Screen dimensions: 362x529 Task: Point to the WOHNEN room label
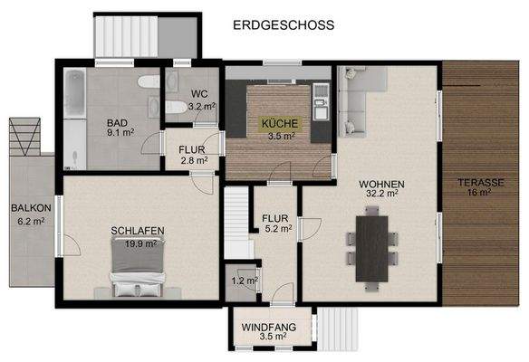click(x=380, y=184)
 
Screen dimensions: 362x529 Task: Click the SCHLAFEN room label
click(x=137, y=232)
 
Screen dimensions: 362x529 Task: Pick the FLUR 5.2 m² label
click(x=275, y=224)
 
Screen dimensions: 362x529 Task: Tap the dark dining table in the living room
click(x=372, y=246)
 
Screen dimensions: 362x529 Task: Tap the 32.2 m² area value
click(x=380, y=194)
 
